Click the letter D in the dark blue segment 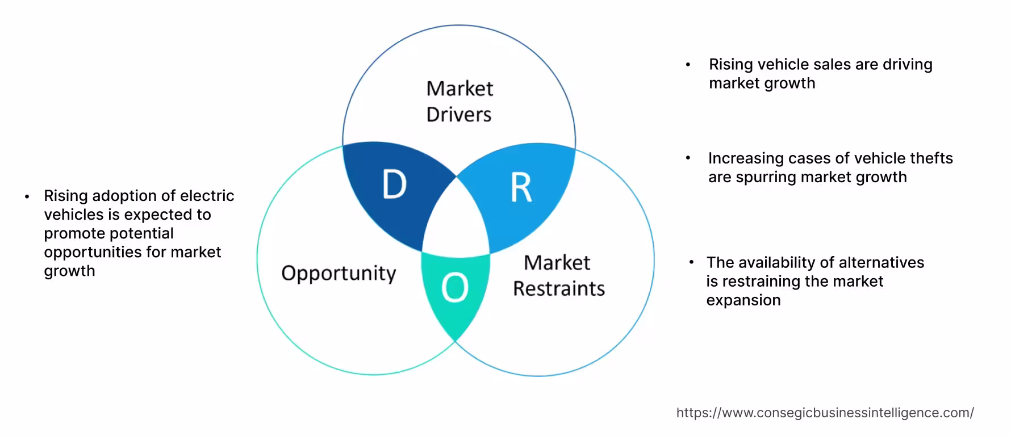click(x=395, y=185)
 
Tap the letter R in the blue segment click(x=521, y=188)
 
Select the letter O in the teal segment click(x=455, y=288)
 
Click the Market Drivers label click(x=459, y=101)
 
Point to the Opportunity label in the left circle click(x=339, y=274)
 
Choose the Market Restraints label click(x=558, y=275)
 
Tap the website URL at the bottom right click(x=825, y=413)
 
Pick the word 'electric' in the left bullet click(x=207, y=196)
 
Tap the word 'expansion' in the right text click(x=743, y=300)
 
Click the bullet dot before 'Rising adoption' click(x=27, y=197)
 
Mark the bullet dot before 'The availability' click(x=691, y=263)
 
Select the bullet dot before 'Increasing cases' click(x=688, y=158)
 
